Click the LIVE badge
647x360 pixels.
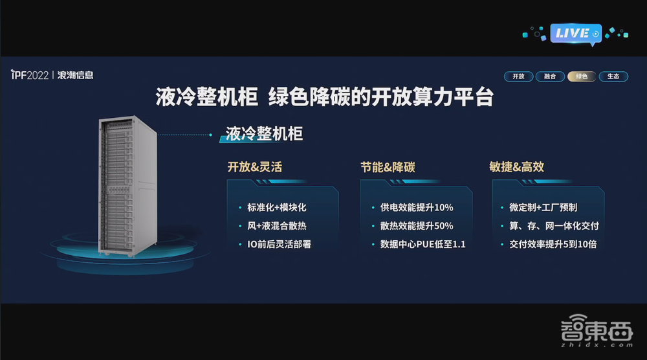(x=575, y=33)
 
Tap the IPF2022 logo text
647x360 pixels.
(x=30, y=76)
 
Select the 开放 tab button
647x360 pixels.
(x=518, y=76)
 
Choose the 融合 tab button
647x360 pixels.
(x=549, y=76)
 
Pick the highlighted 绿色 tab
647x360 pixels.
(x=581, y=76)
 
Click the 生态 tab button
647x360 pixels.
(x=613, y=76)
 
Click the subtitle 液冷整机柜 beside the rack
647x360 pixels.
(x=264, y=134)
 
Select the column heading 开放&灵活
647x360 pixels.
(x=254, y=167)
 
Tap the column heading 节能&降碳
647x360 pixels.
(x=388, y=167)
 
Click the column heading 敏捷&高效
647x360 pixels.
(x=516, y=167)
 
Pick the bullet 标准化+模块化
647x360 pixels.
(x=276, y=208)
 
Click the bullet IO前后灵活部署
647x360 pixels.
(x=279, y=245)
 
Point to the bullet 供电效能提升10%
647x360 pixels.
(x=416, y=208)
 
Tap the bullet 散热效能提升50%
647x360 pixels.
(x=416, y=226)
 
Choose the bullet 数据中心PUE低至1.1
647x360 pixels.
(x=422, y=245)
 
